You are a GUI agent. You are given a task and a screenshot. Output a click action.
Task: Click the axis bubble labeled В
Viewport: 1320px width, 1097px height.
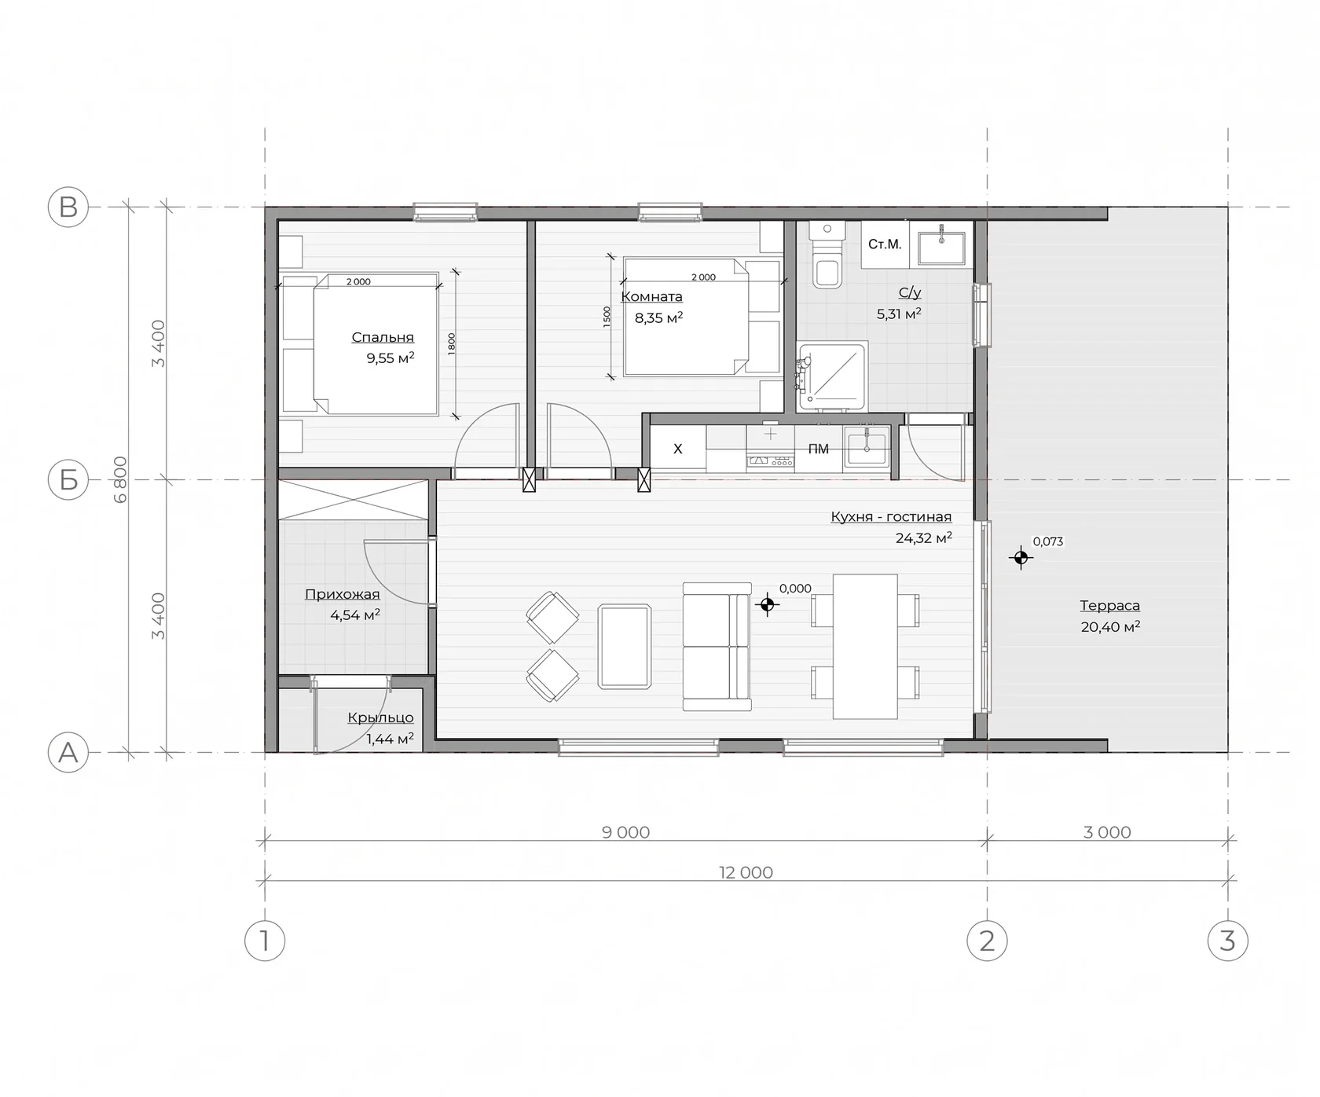click(x=68, y=207)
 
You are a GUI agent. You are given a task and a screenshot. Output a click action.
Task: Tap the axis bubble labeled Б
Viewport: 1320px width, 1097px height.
click(x=68, y=479)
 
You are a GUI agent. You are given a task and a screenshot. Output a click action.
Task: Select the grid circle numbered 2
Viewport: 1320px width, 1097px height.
click(x=987, y=941)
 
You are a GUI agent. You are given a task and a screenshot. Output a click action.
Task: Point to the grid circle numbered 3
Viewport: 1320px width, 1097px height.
click(x=1227, y=941)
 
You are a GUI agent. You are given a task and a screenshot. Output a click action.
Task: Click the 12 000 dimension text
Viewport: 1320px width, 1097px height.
click(x=746, y=872)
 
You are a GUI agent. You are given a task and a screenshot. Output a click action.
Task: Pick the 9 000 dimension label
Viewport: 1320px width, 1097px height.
click(x=625, y=832)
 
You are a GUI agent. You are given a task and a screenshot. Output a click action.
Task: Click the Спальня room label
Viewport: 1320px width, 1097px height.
click(x=383, y=337)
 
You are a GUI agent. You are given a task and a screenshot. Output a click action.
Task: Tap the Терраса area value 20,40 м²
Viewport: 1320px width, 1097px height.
click(x=1110, y=626)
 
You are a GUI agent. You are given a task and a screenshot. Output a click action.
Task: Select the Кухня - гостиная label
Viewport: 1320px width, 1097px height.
click(x=891, y=516)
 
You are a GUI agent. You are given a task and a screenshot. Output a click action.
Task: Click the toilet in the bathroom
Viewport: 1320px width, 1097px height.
click(x=827, y=255)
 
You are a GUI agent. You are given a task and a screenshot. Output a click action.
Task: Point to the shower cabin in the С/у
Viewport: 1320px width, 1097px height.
click(x=831, y=377)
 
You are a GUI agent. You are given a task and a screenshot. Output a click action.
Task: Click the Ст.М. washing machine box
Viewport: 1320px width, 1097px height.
click(x=885, y=245)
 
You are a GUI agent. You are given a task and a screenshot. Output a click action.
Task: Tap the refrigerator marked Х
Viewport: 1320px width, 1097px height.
click(x=677, y=449)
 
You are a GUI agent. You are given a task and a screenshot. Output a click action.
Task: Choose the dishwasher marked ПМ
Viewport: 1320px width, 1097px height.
click(x=818, y=449)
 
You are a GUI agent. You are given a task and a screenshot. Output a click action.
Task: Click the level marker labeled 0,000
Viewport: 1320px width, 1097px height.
click(x=768, y=604)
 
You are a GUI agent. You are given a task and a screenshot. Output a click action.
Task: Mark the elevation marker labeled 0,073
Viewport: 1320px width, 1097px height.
click(x=1021, y=558)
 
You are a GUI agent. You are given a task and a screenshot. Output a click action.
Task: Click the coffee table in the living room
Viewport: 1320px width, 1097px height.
click(x=625, y=646)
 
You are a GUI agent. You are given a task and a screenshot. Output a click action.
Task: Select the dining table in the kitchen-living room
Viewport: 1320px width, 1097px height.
click(x=865, y=646)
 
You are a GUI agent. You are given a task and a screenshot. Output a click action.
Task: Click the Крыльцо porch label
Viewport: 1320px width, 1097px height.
click(x=380, y=717)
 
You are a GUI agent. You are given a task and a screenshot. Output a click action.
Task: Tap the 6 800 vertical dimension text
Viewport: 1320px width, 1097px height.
click(x=120, y=479)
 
